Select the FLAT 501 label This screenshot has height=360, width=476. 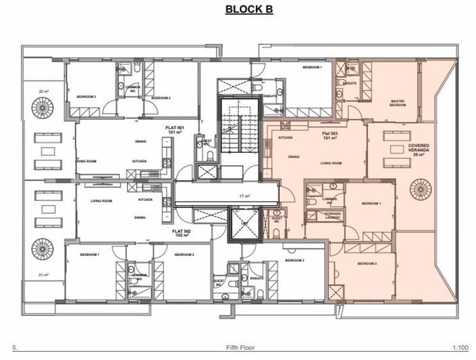tap(175, 127)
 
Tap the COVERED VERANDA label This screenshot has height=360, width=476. tap(417, 150)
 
